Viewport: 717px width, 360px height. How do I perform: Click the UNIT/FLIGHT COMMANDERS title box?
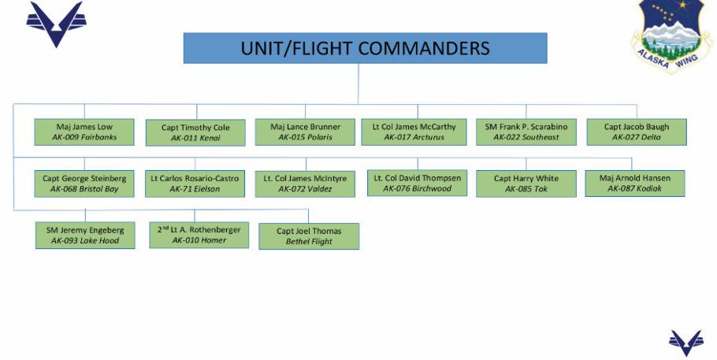tap(365, 48)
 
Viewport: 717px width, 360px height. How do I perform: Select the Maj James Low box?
tap(84, 132)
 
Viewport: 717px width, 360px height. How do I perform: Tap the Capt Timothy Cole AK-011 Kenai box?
tap(195, 132)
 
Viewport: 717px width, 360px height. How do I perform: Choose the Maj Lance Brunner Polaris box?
tap(305, 132)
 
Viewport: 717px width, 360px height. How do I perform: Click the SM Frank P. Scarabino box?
tap(526, 132)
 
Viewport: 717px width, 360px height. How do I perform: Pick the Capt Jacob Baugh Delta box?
tap(636, 132)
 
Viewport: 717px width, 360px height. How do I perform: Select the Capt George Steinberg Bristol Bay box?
tap(84, 184)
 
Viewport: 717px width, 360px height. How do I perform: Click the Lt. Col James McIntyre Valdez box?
tap(305, 184)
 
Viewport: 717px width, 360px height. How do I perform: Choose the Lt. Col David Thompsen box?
tap(417, 183)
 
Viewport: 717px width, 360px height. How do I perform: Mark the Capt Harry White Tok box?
tap(526, 184)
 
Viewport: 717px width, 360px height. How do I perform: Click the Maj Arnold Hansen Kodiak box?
tap(634, 183)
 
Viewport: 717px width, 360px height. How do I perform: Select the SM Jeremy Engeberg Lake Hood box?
tap(85, 235)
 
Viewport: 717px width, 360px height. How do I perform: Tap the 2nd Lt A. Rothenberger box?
tap(199, 234)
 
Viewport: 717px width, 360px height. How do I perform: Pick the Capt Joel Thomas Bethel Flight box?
tap(309, 236)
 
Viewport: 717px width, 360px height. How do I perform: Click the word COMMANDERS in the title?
tap(422, 48)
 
